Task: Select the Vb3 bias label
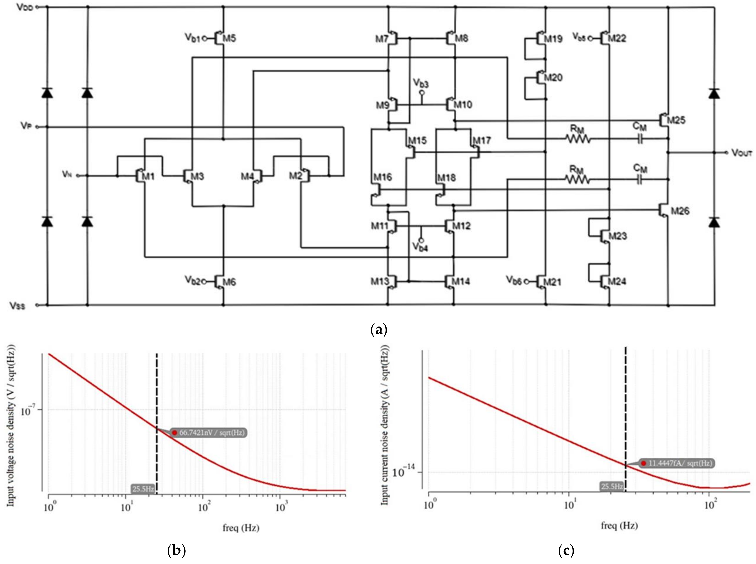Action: (421, 83)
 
